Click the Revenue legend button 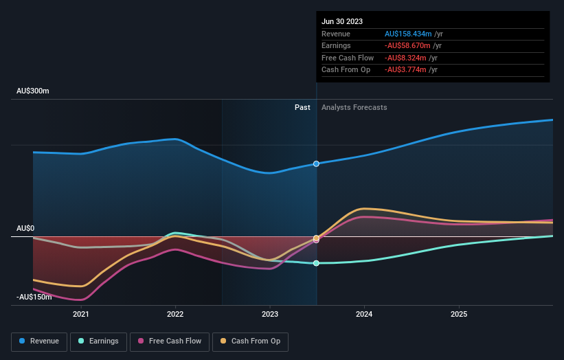click(x=40, y=341)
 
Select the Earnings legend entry click(x=98, y=341)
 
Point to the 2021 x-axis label click(x=81, y=314)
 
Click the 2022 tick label click(x=175, y=314)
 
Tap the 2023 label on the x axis click(x=270, y=314)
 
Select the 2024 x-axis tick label click(x=364, y=314)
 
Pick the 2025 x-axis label click(x=459, y=314)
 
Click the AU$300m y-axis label click(x=33, y=91)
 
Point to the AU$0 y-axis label click(x=27, y=228)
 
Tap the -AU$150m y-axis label click(x=34, y=297)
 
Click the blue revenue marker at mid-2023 click(x=316, y=164)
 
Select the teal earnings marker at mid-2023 click(x=316, y=263)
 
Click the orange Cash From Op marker click(x=316, y=238)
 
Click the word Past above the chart click(x=302, y=107)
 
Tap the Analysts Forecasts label click(x=354, y=107)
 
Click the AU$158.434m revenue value click(x=408, y=34)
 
